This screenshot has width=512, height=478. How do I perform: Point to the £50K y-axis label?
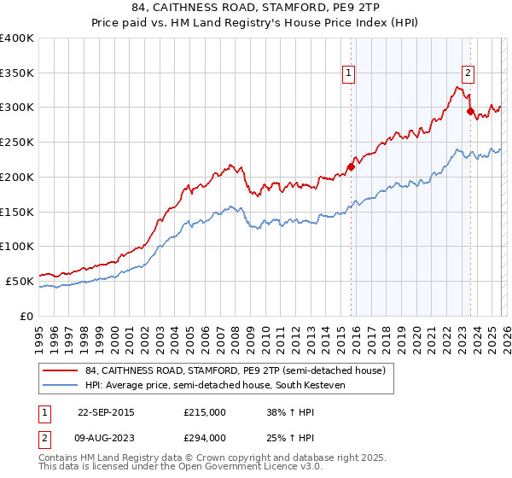click(x=20, y=281)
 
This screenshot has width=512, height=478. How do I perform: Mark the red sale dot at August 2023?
click(x=469, y=111)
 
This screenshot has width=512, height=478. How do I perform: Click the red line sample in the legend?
click(x=60, y=371)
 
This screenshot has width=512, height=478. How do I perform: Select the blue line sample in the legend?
click(x=60, y=385)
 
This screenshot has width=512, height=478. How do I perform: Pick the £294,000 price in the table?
click(x=205, y=437)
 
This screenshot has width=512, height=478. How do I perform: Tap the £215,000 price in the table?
click(x=205, y=412)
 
